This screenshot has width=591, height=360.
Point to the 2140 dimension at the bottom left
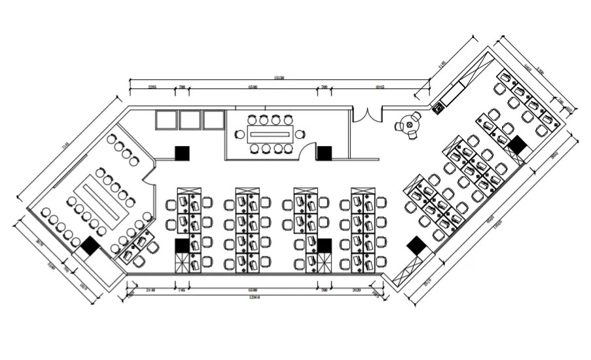[x=150, y=289]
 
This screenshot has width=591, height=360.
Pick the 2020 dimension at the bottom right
[x=357, y=289]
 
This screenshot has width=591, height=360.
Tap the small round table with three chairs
[x=412, y=124]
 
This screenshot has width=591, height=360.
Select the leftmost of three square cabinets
[x=167, y=120]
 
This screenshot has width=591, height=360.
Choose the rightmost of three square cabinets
[x=213, y=120]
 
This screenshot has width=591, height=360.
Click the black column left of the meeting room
[x=182, y=153]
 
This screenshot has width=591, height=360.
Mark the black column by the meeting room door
[x=324, y=153]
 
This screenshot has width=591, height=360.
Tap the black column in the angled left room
[x=89, y=246]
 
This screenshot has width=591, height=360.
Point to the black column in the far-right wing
[x=518, y=146]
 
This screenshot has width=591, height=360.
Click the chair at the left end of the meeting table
[x=240, y=135]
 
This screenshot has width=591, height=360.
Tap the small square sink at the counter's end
[x=437, y=106]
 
